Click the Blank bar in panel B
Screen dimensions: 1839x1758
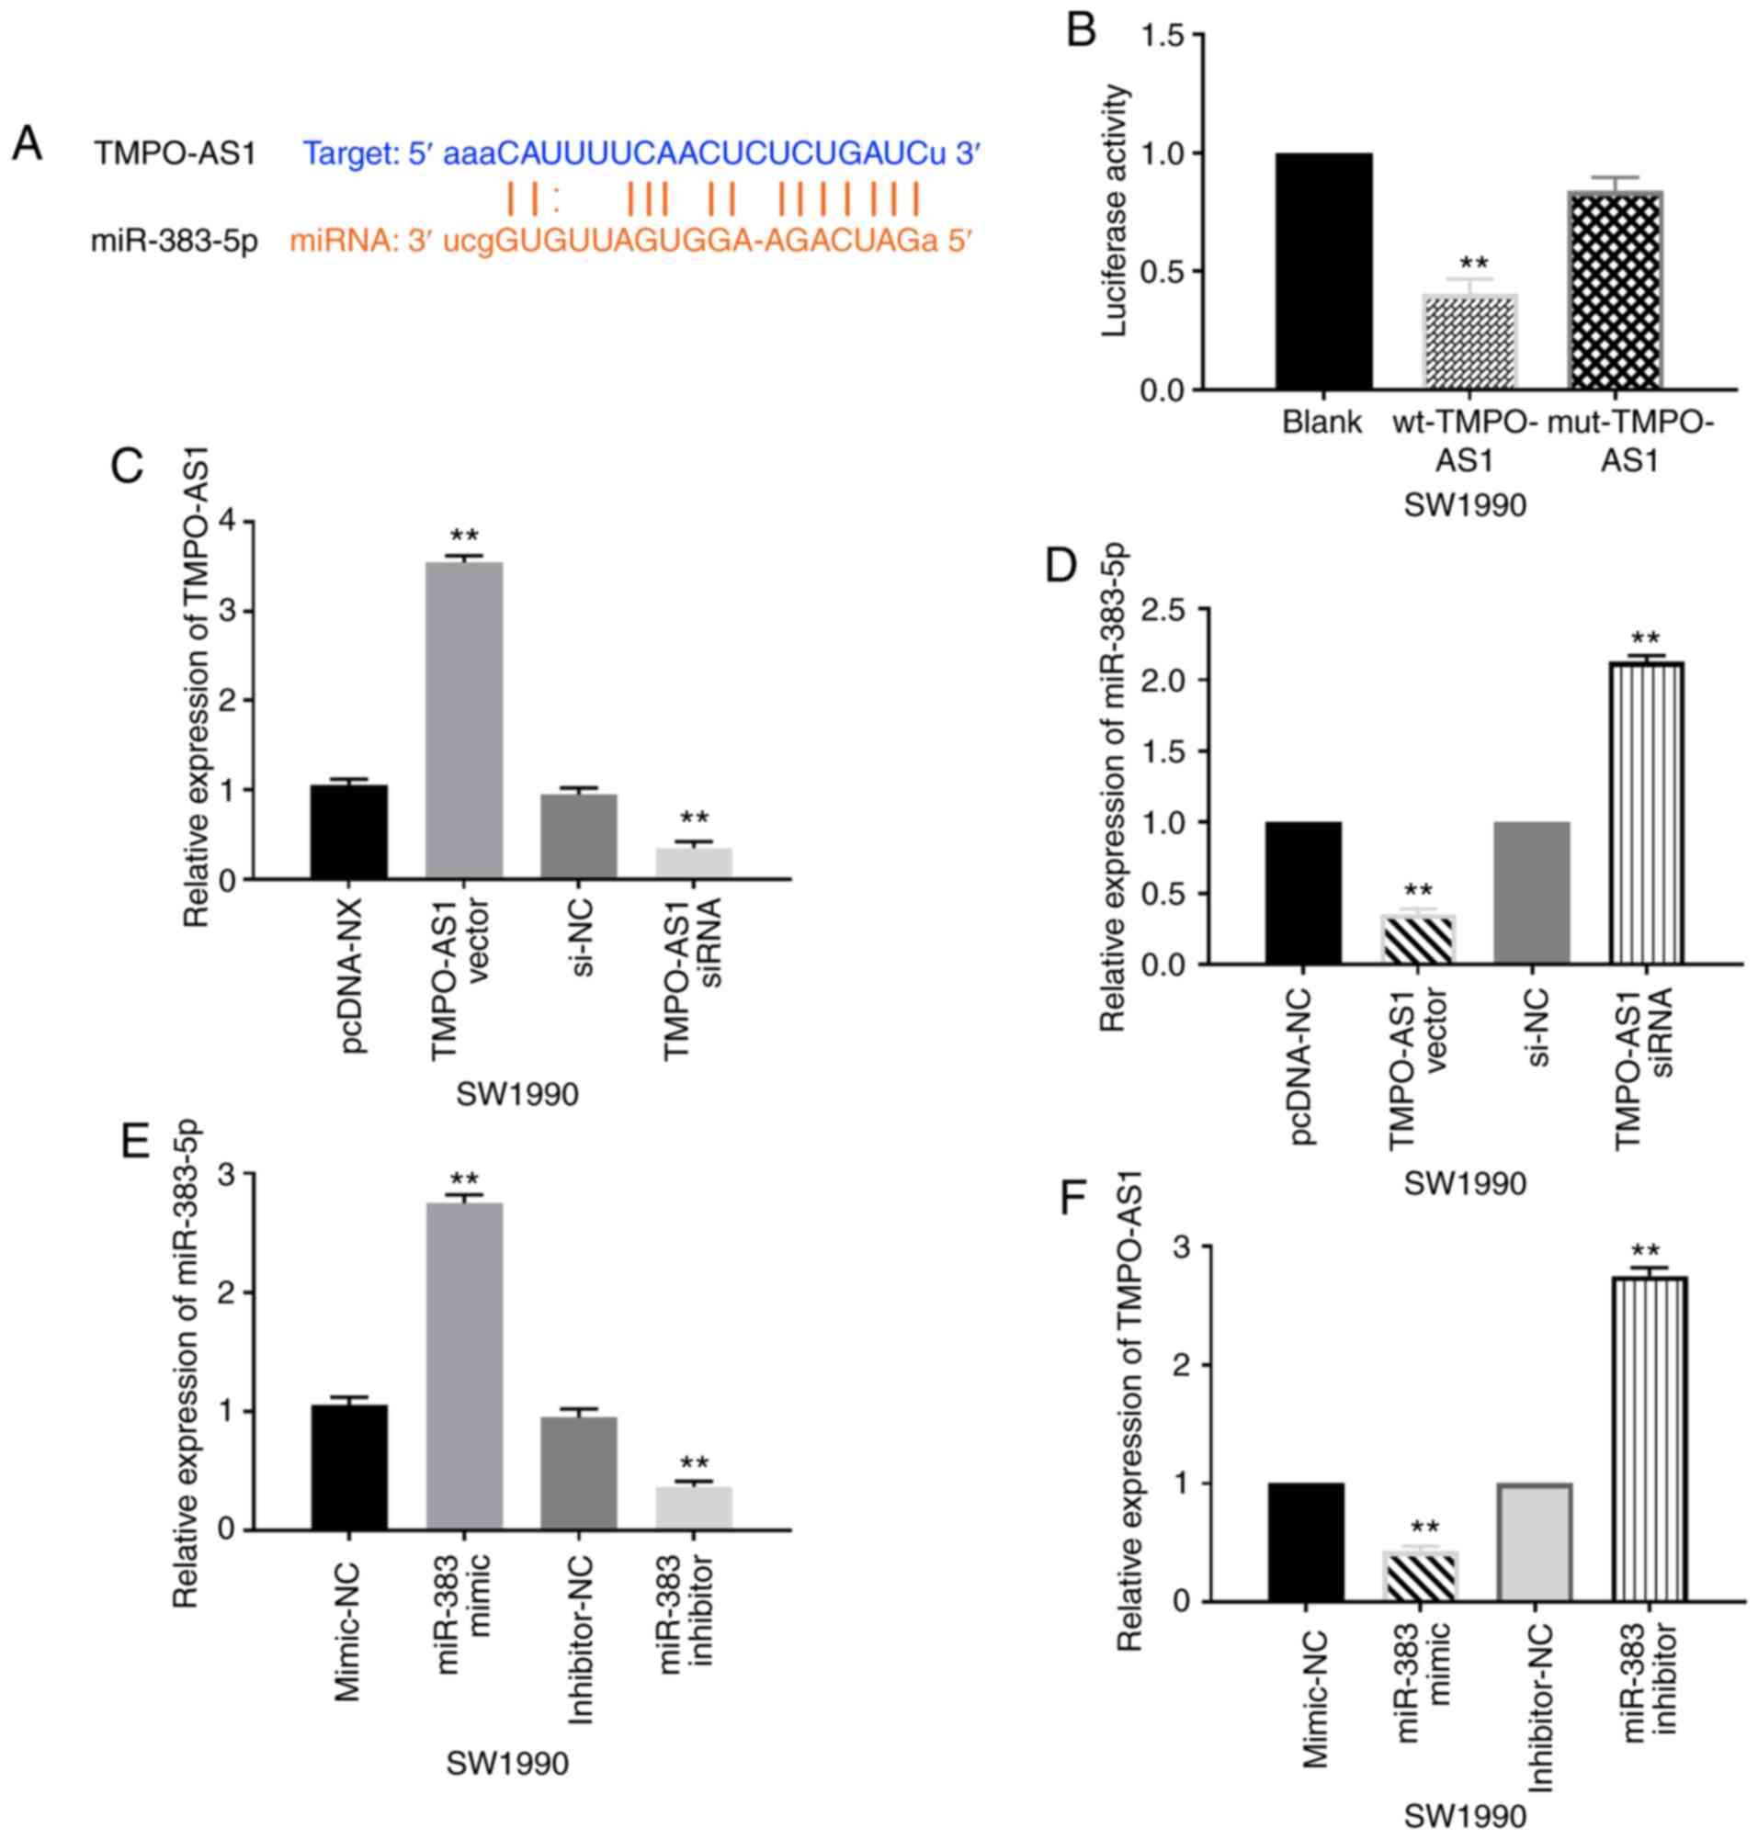[1323, 272]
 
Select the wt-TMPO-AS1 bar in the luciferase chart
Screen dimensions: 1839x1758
[1469, 342]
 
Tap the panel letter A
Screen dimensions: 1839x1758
[28, 146]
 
